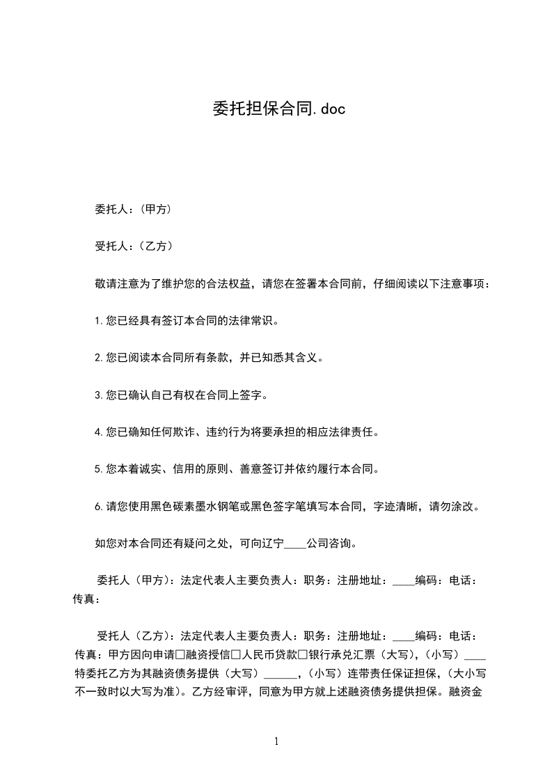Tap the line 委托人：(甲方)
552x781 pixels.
click(x=133, y=210)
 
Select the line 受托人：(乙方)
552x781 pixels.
click(x=133, y=246)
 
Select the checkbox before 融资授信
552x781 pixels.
click(x=180, y=654)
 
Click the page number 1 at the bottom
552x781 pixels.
click(x=276, y=741)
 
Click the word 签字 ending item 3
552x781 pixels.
click(x=256, y=395)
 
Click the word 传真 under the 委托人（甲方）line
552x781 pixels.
click(x=86, y=598)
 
